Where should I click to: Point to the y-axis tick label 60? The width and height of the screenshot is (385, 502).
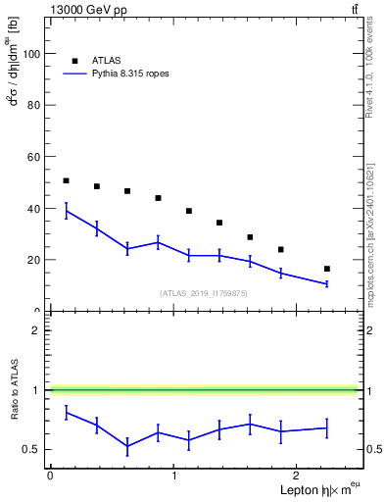(x=34, y=157)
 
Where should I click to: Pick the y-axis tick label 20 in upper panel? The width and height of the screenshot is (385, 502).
(x=34, y=260)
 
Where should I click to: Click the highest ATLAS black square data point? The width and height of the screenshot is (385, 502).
(x=66, y=180)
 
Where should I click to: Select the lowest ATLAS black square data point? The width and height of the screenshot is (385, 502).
(x=326, y=269)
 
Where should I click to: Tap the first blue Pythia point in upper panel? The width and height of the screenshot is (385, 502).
(x=66, y=211)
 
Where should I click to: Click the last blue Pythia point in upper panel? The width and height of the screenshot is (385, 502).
(x=326, y=283)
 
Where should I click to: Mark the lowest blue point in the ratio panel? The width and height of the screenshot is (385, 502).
(x=127, y=446)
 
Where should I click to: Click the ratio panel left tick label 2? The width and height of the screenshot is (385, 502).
(x=37, y=330)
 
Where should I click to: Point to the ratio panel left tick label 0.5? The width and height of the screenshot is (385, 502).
(x=32, y=450)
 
